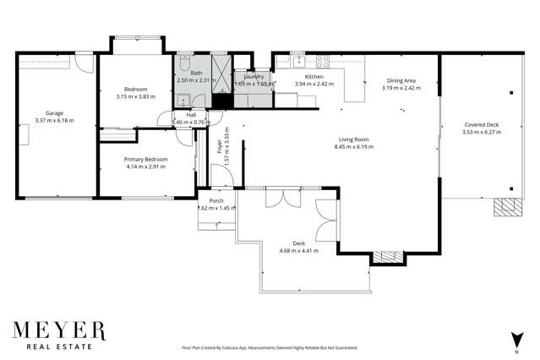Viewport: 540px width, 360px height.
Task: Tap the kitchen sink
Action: coord(297,60)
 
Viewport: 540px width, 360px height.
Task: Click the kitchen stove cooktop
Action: coord(321,60)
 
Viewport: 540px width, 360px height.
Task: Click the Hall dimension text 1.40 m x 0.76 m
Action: coord(191,123)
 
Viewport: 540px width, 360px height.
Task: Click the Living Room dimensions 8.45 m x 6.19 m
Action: coord(353,147)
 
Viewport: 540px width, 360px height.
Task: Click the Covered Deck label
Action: coord(480,124)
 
